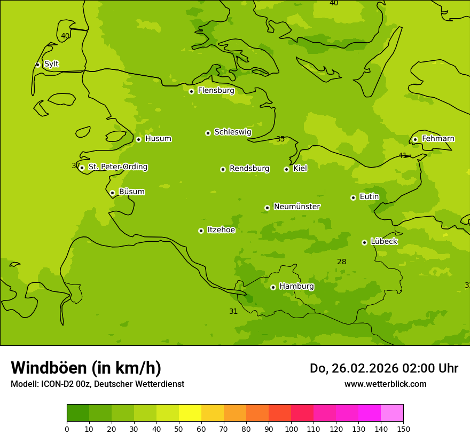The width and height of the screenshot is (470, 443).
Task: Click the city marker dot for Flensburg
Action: pos(191,91)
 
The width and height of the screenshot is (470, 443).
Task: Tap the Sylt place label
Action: pos(51,64)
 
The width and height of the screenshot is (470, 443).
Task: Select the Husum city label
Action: pos(158,139)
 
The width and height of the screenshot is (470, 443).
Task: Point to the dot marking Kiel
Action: pos(286,169)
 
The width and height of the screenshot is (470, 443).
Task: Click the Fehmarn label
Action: pos(438,139)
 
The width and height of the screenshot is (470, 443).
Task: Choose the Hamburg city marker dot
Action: pos(273,287)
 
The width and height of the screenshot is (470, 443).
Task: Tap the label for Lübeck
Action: pos(384,242)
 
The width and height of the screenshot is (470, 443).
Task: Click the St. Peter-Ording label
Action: pos(118,167)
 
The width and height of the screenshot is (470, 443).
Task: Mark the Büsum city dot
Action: pos(112,193)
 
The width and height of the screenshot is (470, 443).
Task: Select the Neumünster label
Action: pos(297,207)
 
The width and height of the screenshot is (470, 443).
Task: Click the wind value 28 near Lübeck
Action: pos(342,262)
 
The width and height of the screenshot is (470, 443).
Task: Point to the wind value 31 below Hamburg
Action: pos(233,312)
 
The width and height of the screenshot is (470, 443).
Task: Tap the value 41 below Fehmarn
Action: pos(403,156)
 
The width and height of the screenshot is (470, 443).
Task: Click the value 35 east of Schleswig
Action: pos(280,139)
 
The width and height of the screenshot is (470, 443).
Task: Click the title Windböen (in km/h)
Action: pos(86,368)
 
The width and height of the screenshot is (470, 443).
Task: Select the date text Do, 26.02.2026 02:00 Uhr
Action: pos(383,368)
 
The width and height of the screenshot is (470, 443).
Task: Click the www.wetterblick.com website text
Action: pos(385,384)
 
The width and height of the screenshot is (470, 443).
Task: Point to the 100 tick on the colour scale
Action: pos(291,429)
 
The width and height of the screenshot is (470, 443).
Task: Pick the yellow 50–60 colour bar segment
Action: pos(190,413)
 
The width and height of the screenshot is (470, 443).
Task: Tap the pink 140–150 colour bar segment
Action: pos(392,413)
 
